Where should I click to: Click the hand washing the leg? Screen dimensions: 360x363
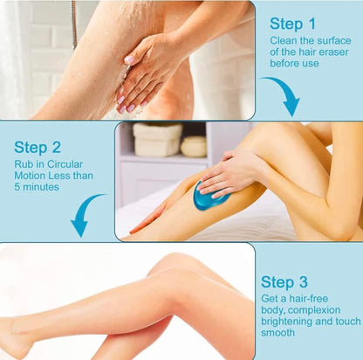click(148, 70)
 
